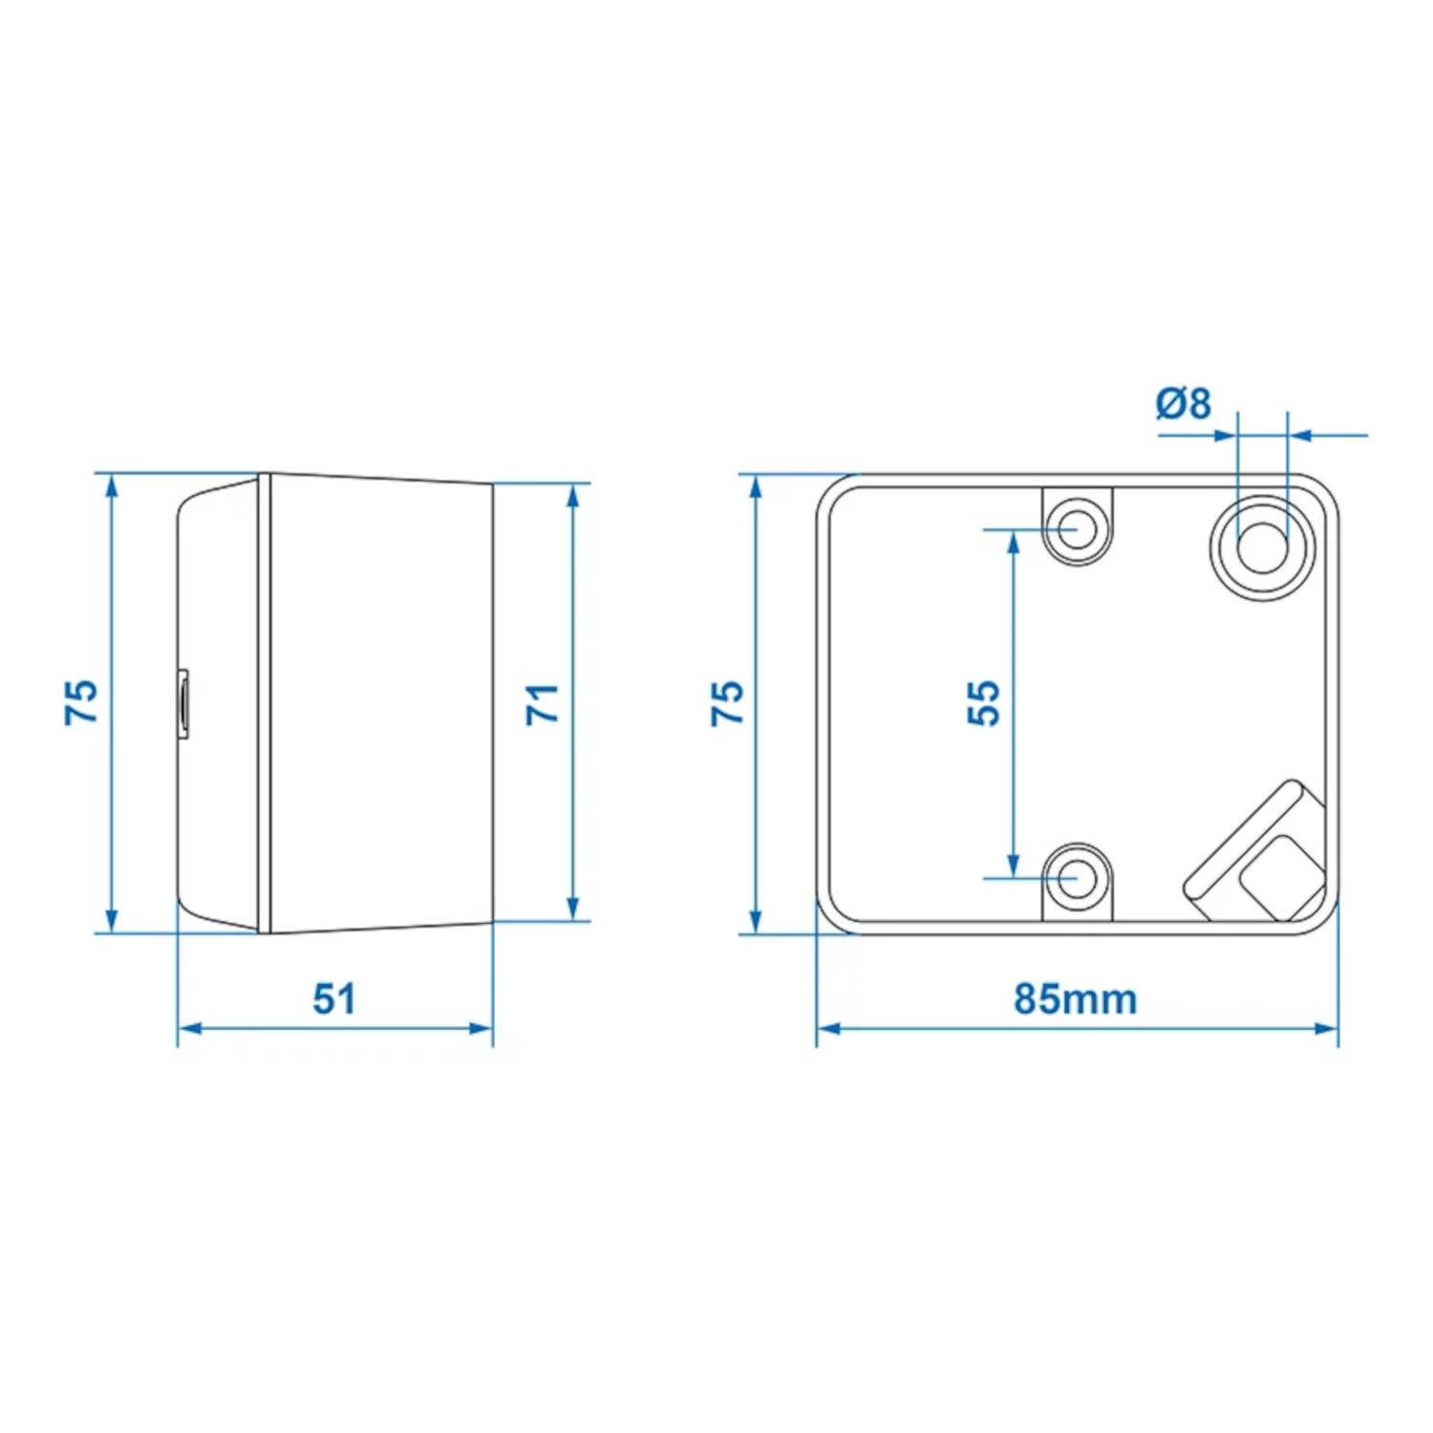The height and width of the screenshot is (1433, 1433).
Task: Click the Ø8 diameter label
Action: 1183,403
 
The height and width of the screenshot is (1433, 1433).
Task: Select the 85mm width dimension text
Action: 1076,999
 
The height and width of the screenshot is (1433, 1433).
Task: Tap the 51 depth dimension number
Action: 334,998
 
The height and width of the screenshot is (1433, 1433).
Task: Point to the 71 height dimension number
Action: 543,703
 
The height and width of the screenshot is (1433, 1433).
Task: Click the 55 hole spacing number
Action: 984,703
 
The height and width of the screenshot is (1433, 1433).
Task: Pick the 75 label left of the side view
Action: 82,702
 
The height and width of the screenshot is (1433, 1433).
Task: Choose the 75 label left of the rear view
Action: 728,703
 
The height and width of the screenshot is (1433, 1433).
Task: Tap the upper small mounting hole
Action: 1077,527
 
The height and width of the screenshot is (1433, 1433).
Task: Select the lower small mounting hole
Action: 1077,877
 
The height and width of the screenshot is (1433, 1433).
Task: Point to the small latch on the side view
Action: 182,704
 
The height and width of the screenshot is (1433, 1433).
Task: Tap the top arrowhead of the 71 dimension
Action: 573,497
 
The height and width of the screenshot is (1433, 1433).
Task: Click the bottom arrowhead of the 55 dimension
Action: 1014,864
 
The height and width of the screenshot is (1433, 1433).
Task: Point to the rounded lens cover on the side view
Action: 218,702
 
